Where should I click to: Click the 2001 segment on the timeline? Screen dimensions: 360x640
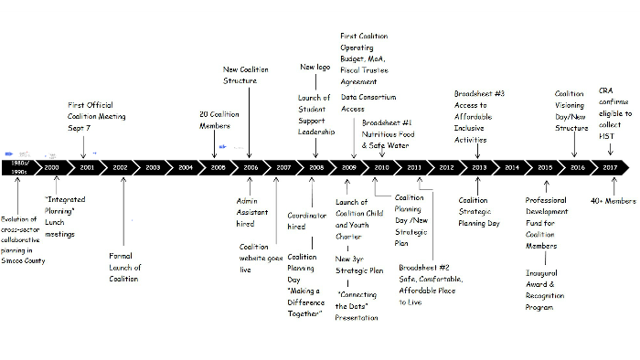coord(87,168)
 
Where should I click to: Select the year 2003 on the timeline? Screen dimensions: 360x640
coord(153,168)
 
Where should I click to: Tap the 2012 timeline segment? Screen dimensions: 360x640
coord(446,168)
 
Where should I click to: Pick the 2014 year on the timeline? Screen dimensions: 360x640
coord(511,168)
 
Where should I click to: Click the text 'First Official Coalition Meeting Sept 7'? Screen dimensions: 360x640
coord(97,117)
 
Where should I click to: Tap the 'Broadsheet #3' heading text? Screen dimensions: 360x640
coord(479,93)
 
